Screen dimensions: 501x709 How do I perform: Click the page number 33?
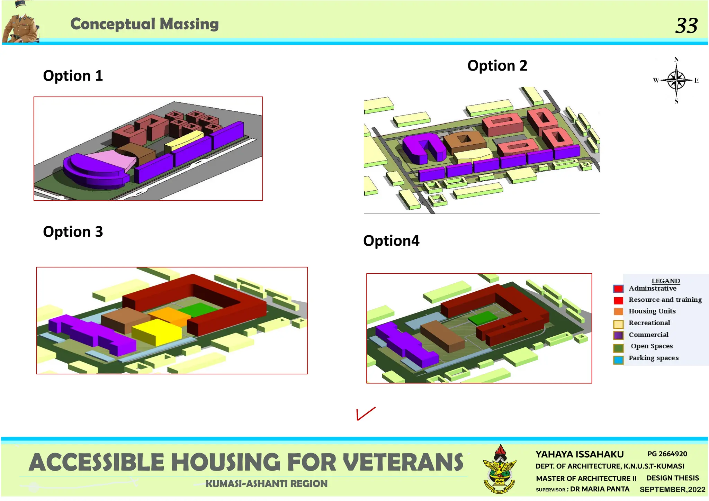686,26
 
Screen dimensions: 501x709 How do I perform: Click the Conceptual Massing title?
144,24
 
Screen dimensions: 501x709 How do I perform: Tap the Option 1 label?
73,75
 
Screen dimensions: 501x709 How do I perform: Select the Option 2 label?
497,65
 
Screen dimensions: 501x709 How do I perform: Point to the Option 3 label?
73,231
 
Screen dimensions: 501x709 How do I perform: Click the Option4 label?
391,240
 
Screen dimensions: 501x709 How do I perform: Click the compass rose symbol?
676,80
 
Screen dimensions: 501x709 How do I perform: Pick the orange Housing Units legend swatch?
618,311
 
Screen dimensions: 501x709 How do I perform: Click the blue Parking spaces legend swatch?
618,359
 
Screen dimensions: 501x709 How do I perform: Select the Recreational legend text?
649,323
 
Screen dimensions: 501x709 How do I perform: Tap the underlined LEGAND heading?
665,281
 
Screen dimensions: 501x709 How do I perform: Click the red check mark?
365,413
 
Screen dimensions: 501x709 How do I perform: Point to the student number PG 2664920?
667,454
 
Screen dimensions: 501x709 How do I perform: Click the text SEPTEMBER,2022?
672,490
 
